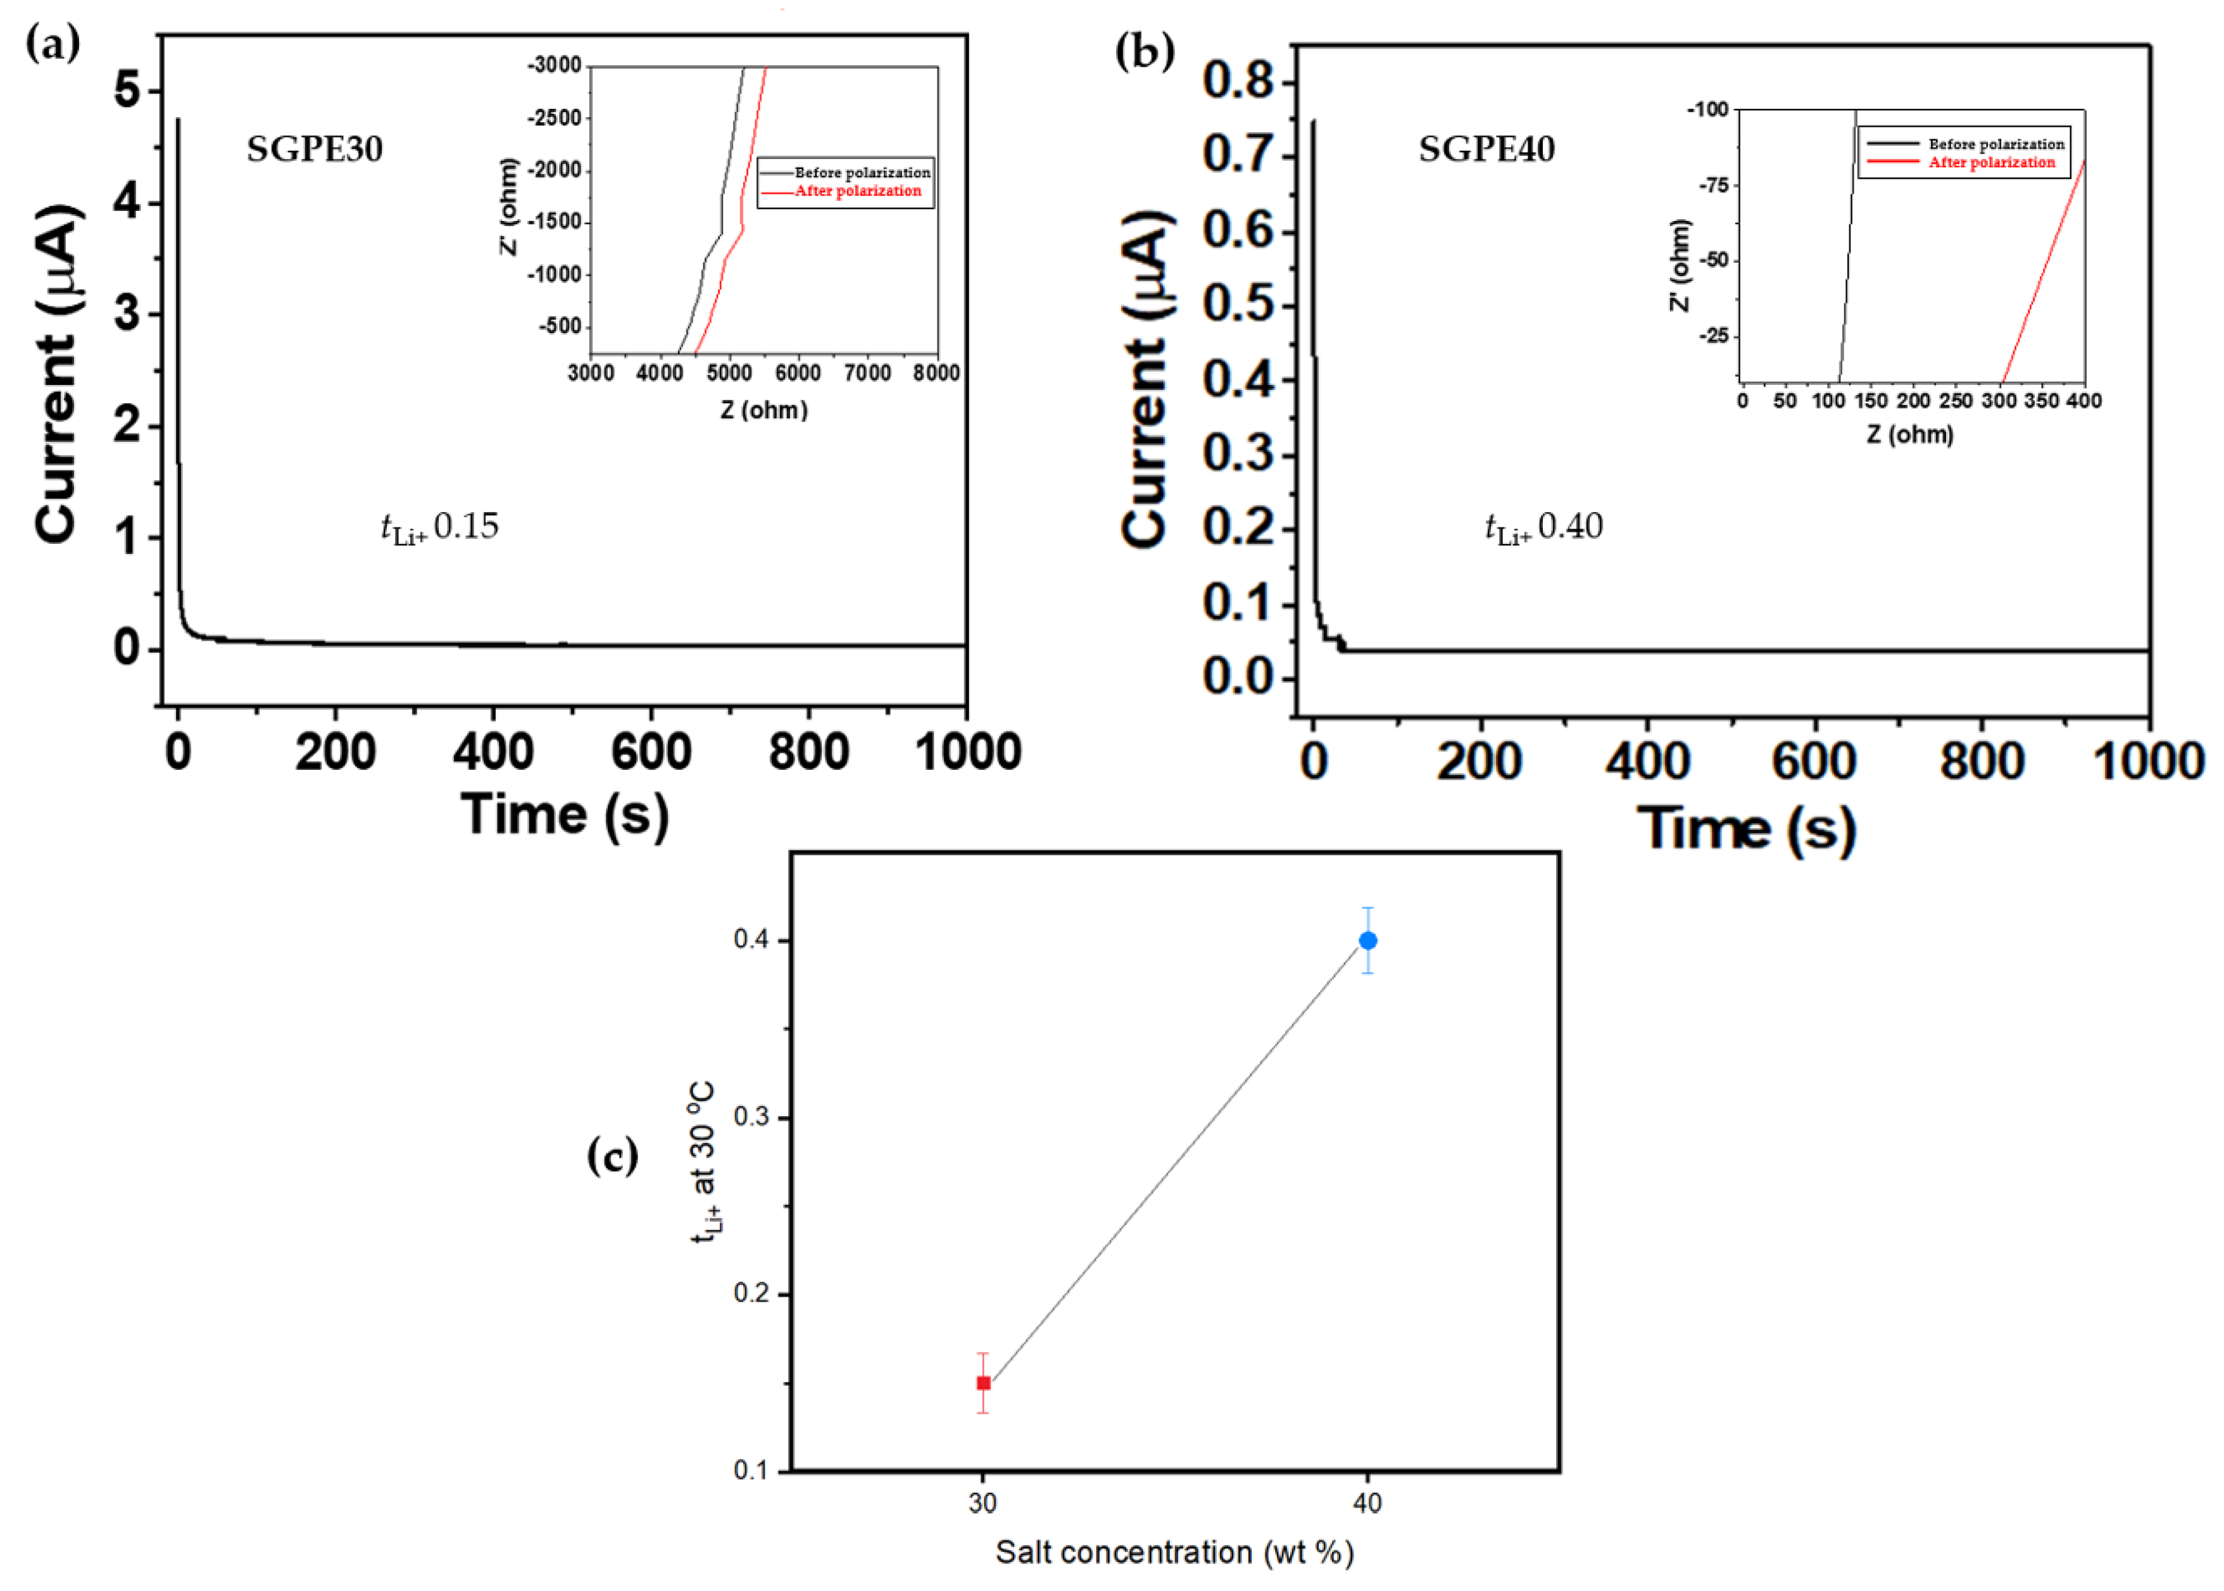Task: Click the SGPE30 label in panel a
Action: pyautogui.click(x=315, y=149)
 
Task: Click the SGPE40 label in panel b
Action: pyautogui.click(x=1486, y=149)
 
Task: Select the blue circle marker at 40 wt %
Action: pyautogui.click(x=1367, y=941)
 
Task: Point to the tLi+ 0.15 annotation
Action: pyautogui.click(x=440, y=528)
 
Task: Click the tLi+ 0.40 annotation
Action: pyautogui.click(x=1544, y=528)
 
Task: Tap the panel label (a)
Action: pyautogui.click(x=52, y=44)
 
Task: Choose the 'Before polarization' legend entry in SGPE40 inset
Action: pyautogui.click(x=1995, y=144)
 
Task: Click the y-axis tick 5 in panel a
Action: pyautogui.click(x=127, y=91)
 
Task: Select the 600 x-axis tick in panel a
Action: pyautogui.click(x=651, y=752)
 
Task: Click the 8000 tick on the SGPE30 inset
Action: pyautogui.click(x=936, y=374)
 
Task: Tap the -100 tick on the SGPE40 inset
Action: pyautogui.click(x=1707, y=109)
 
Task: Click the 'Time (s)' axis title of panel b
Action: pyautogui.click(x=1746, y=828)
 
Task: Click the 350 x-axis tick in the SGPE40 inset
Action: pyautogui.click(x=2041, y=401)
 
